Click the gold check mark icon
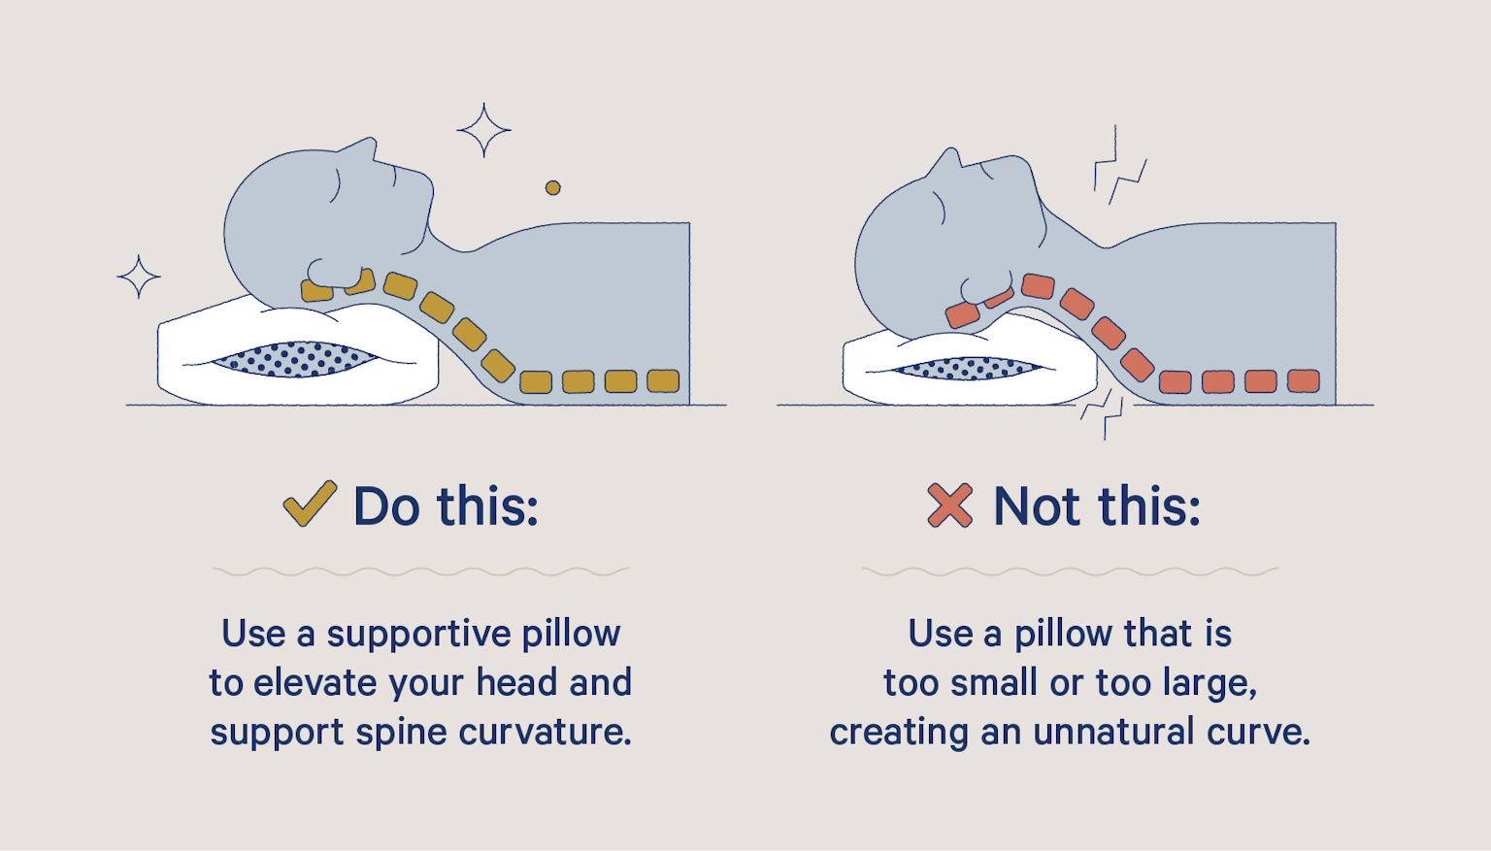(309, 505)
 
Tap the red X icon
(949, 506)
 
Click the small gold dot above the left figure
(552, 187)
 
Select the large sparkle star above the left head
(483, 130)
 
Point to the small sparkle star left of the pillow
(139, 278)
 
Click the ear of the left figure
(320, 274)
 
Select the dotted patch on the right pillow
(969, 369)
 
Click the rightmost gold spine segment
(663, 380)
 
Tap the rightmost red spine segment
(1304, 380)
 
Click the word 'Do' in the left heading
(386, 507)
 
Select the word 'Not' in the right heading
(1036, 507)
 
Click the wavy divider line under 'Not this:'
(1070, 572)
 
